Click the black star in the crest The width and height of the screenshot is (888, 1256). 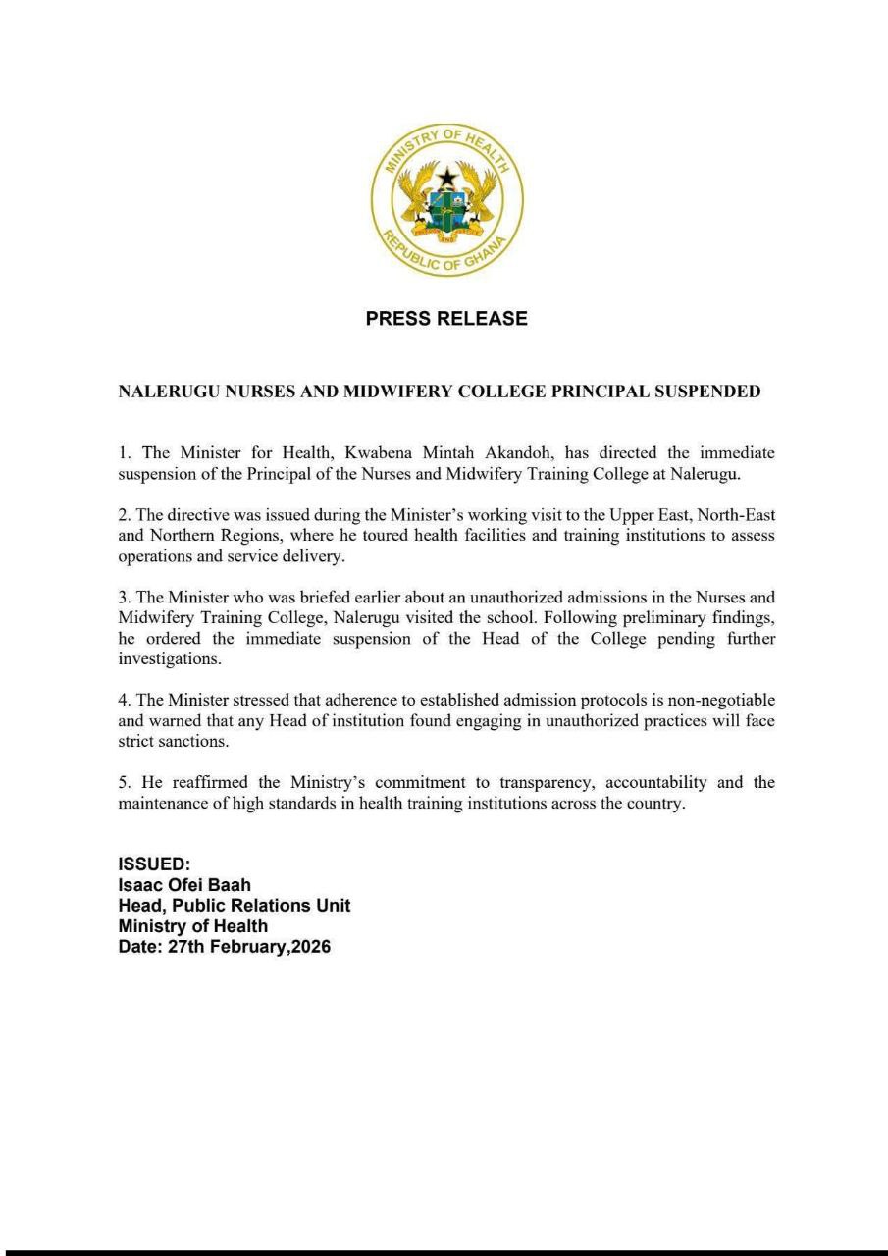(x=447, y=178)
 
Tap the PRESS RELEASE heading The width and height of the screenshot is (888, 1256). (x=446, y=319)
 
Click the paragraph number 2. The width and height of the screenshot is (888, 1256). (x=123, y=515)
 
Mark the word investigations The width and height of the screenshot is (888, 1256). (x=169, y=660)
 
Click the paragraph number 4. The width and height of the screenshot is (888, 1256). (x=123, y=701)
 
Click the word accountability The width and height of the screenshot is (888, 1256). (x=656, y=783)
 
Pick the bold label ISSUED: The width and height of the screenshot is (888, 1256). (x=153, y=864)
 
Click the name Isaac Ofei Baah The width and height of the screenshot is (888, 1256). (x=184, y=885)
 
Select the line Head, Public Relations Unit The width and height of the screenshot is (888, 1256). (x=234, y=906)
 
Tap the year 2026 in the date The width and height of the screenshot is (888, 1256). (x=308, y=948)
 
